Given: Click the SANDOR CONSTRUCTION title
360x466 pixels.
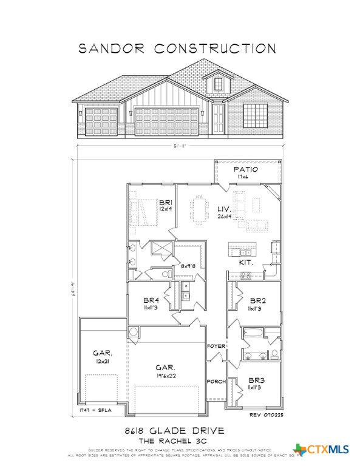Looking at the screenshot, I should coord(177,48).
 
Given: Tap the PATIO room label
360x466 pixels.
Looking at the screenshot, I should coord(246,169).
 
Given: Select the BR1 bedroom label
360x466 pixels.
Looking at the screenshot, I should coord(165,202).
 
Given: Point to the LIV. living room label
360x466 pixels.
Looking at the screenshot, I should coord(225,209).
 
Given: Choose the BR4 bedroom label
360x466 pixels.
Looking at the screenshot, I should coord(151,300).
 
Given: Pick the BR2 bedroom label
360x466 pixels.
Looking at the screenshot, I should coord(257,300).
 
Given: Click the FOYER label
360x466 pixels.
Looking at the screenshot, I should coord(216,346).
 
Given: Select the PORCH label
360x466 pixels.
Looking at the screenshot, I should coord(216,382).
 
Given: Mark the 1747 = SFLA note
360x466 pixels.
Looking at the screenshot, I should coord(93,411).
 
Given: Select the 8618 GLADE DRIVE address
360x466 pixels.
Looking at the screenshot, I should coord(180,430).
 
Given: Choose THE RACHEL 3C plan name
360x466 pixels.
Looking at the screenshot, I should coord(180,441).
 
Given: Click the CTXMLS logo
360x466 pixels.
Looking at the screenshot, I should coord(321,450).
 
